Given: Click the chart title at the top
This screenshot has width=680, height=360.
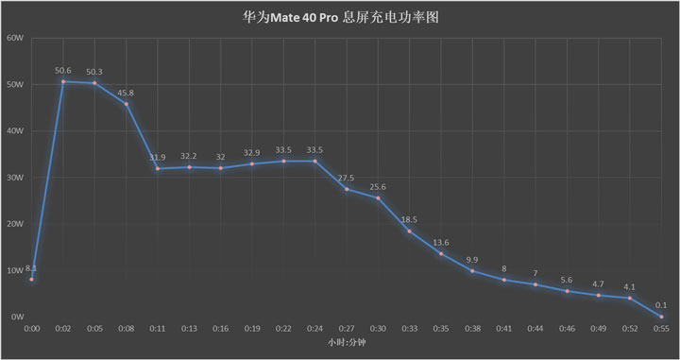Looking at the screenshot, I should coord(339,16).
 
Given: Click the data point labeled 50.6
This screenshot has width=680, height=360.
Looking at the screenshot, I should coord(63,81).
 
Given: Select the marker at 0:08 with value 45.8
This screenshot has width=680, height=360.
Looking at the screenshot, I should coord(126,104).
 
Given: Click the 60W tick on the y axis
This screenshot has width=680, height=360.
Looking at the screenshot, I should coord(14,39).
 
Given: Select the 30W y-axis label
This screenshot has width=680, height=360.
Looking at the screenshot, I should coord(14,178).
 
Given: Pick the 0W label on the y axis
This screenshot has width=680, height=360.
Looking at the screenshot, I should coord(17,317).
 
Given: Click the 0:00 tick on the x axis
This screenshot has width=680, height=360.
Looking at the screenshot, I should coord(31,329).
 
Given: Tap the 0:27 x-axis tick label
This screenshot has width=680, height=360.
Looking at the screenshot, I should coord(347,329).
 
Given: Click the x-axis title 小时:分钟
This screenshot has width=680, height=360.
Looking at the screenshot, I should coord(346,341).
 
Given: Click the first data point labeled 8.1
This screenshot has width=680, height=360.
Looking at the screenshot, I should coord(31,280).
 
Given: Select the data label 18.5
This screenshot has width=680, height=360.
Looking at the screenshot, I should coord(409,219).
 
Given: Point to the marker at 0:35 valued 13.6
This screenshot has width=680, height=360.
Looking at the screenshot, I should coord(441,253).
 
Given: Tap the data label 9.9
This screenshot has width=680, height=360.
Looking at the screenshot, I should coord(472,259).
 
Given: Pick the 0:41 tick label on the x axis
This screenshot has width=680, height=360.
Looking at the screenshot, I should coord(503,329).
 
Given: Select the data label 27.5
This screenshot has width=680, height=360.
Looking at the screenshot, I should coord(346,178).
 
